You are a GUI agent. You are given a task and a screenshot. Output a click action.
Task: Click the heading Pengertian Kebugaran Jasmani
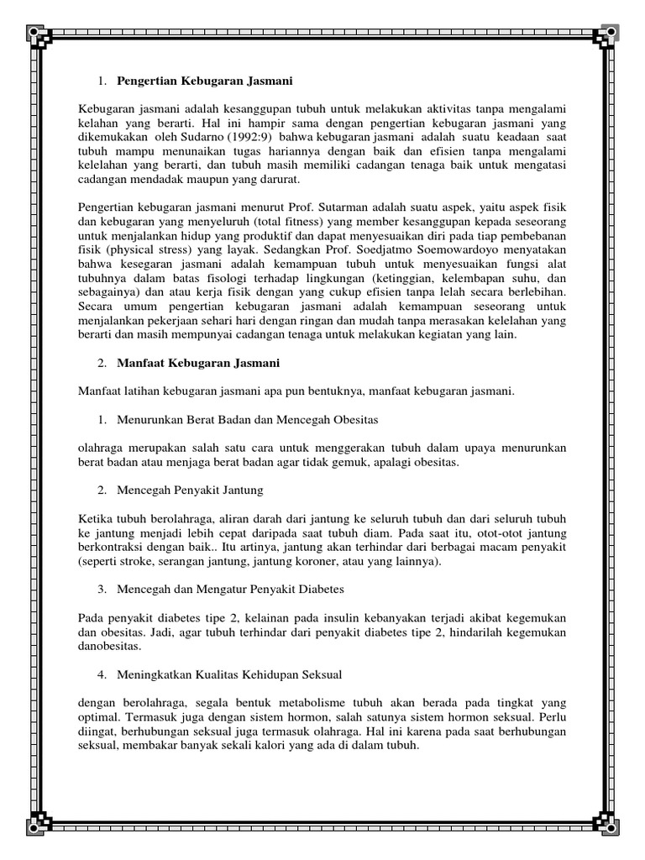tap(203, 81)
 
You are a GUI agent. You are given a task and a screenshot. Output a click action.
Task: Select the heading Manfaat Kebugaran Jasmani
tap(198, 363)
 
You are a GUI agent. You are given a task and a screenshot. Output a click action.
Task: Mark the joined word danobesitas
tap(109, 647)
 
